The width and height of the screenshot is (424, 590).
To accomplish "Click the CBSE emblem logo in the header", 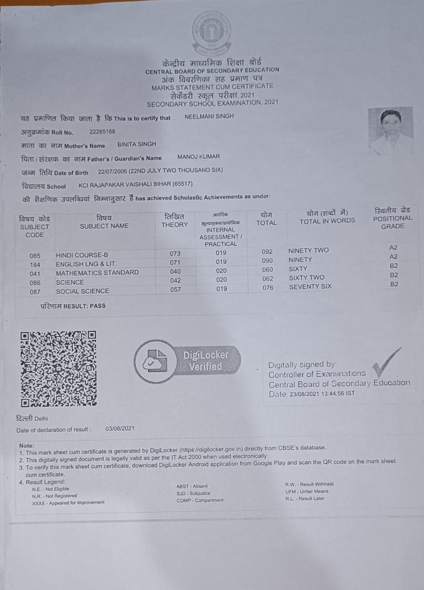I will [x=211, y=32].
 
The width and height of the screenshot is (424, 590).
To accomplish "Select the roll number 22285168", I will [x=102, y=131].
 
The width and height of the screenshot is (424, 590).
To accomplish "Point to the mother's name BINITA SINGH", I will [x=137, y=144].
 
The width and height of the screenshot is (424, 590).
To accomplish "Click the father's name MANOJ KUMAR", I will [x=198, y=157].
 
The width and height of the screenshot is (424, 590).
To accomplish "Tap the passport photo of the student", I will [x=390, y=131].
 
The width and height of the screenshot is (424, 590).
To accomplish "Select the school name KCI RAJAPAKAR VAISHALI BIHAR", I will [x=136, y=184].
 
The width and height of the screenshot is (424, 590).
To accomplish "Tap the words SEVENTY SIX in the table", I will [x=310, y=287].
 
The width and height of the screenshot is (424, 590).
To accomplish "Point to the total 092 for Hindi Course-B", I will [x=267, y=251].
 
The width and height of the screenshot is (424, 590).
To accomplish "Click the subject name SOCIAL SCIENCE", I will [x=82, y=291].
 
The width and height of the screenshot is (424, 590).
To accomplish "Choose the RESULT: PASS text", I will [x=73, y=306].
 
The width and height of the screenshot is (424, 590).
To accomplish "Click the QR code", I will [x=58, y=369].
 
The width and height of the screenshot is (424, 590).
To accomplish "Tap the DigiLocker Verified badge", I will [x=186, y=361].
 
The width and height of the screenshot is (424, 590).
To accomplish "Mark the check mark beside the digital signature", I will [x=386, y=362].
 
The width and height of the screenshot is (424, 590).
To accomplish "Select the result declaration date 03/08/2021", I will [x=120, y=429].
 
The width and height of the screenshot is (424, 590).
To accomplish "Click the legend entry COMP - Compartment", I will [x=200, y=500].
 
